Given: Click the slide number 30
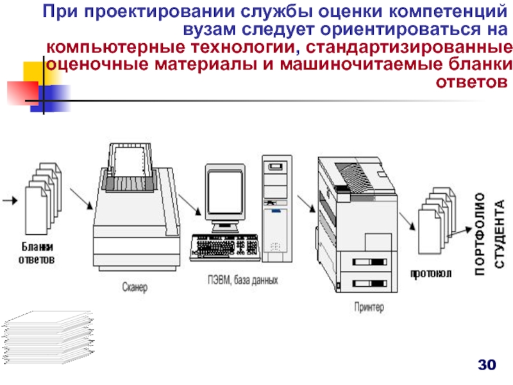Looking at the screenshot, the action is point(487,364).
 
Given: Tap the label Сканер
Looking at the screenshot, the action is point(135,287).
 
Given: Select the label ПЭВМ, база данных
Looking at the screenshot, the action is point(243,280).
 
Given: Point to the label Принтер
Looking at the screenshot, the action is point(369,307).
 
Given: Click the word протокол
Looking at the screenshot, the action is point(431,273).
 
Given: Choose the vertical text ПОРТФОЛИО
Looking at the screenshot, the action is point(480,234).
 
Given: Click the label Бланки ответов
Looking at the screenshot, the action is point(37,253).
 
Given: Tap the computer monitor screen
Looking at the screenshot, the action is point(225,193).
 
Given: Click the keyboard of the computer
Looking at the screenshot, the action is point(225,248).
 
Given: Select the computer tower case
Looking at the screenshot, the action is point(277,209).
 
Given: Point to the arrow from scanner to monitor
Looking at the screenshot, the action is point(189,205).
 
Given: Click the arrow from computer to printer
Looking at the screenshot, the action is point(307,203).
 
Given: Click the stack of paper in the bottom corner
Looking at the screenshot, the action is point(49,338).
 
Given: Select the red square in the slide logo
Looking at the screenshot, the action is point(23,93).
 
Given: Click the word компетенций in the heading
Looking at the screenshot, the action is point(448,12).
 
